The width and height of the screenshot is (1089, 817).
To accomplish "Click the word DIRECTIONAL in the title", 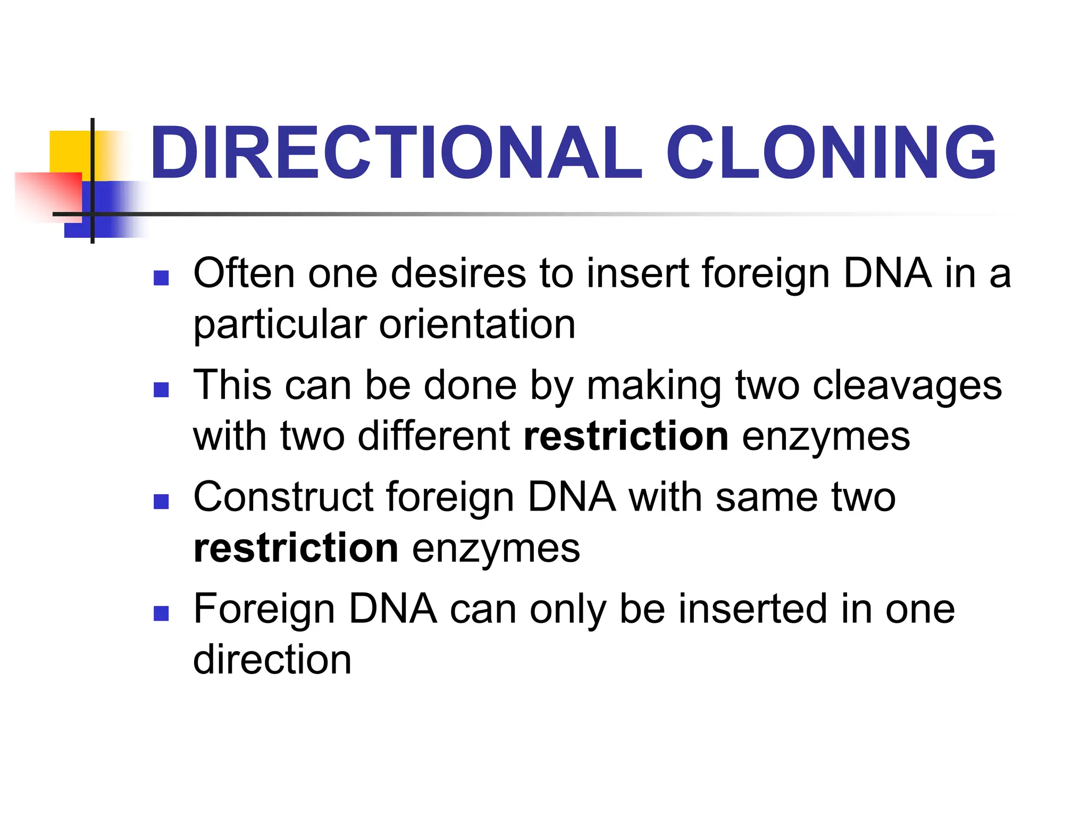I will click(x=396, y=153).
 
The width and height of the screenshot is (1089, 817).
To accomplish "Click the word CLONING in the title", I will click(x=831, y=153).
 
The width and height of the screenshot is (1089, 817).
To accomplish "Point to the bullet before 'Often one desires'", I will click(x=161, y=278).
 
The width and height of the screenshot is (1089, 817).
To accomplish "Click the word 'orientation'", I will click(x=477, y=324).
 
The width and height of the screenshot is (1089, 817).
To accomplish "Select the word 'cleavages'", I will click(x=907, y=386).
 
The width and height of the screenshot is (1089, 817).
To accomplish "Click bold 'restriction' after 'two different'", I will click(x=626, y=436).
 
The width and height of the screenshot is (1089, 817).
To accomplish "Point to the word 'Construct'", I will click(x=283, y=497).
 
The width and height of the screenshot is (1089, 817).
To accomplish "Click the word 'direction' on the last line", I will click(x=272, y=660).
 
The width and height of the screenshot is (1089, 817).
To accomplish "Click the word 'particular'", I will click(x=280, y=326).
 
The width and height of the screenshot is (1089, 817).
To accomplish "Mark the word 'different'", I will click(x=434, y=436).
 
